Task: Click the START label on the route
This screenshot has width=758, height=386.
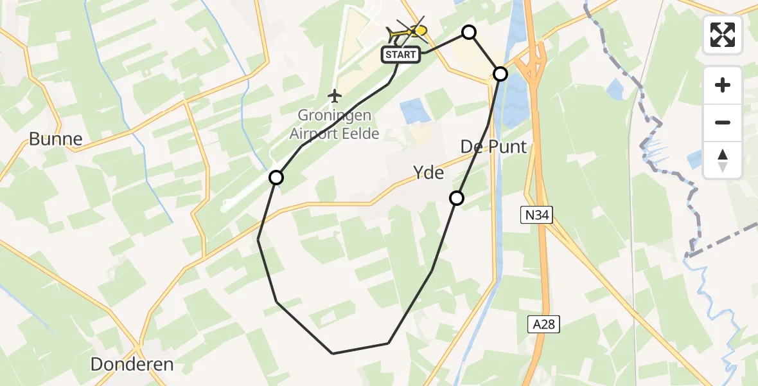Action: tap(401, 55)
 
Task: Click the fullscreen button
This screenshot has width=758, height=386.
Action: tap(723, 35)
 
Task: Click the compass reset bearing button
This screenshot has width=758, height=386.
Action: tap(723, 160)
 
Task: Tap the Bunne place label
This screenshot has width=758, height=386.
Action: tap(56, 139)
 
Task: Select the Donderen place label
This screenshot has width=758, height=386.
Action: tap(132, 364)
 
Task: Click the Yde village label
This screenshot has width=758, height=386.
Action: tap(428, 172)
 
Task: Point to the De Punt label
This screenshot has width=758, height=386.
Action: tap(493, 147)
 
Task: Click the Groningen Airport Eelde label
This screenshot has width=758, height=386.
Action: tap(334, 125)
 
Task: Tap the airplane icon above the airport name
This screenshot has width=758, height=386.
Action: tap(334, 96)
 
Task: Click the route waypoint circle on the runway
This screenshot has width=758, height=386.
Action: tap(276, 178)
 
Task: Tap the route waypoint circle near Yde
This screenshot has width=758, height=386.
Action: tap(457, 198)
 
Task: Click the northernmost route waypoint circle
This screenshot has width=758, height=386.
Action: tap(470, 32)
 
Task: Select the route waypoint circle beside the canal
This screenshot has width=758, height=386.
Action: tap(500, 74)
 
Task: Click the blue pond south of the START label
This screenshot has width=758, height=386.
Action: tap(417, 111)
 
